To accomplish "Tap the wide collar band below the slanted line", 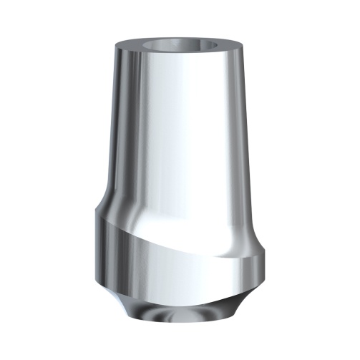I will pos(179,265).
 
